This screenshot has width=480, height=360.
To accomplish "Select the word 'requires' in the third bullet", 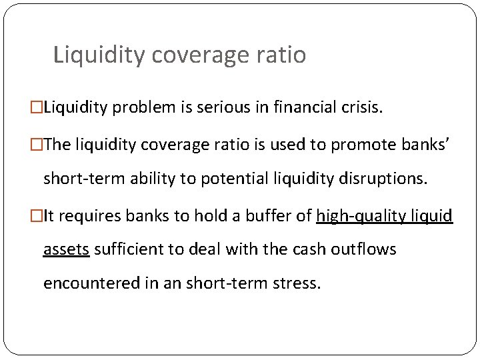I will (x=83, y=216).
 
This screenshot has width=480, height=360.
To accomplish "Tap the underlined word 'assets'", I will (x=66, y=249).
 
